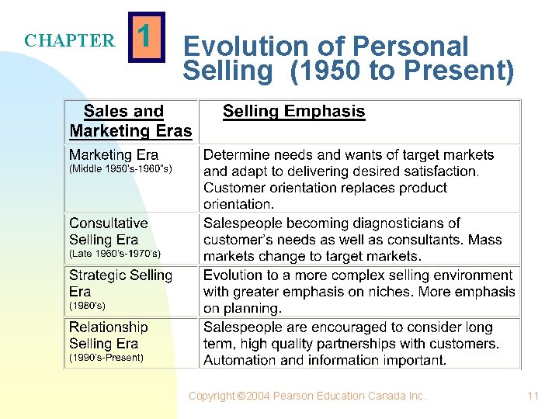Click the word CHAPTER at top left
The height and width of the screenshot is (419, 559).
tap(69, 41)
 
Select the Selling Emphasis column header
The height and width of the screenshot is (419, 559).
tap(293, 111)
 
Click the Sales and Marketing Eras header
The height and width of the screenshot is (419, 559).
tap(130, 121)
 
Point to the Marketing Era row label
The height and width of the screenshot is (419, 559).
tap(113, 154)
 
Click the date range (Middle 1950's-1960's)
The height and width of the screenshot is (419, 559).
tap(120, 168)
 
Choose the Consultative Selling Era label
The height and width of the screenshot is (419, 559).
tap(108, 231)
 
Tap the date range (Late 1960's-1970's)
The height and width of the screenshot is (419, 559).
tap(115, 254)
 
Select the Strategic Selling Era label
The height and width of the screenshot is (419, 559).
tap(120, 282)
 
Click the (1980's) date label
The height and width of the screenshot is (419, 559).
tap(87, 306)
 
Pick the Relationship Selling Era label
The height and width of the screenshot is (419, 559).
tap(108, 335)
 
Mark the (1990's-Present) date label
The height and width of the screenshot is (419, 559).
tap(106, 358)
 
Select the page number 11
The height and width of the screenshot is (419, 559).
tap(533, 396)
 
